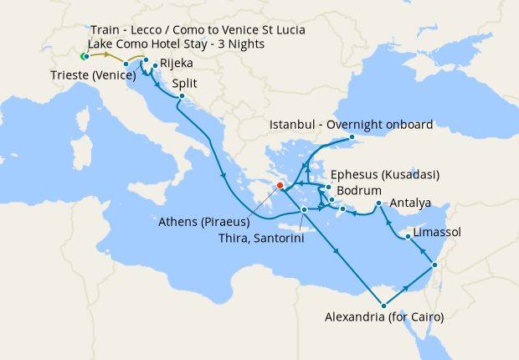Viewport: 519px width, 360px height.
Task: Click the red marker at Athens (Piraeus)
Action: coord(280,187)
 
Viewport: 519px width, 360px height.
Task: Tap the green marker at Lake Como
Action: coord(85,56)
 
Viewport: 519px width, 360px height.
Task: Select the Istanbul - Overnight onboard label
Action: coord(351,125)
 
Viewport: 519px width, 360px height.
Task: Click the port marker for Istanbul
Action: coord(352,136)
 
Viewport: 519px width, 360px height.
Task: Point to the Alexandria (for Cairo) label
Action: coord(383,317)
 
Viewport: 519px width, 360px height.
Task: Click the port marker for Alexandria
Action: coord(383,305)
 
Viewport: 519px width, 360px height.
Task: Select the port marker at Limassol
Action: coord(408,237)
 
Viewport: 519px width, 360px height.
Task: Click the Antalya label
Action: coord(410,203)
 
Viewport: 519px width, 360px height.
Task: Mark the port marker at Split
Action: coord(180,97)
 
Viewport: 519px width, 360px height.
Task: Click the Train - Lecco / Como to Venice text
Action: coord(198,30)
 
